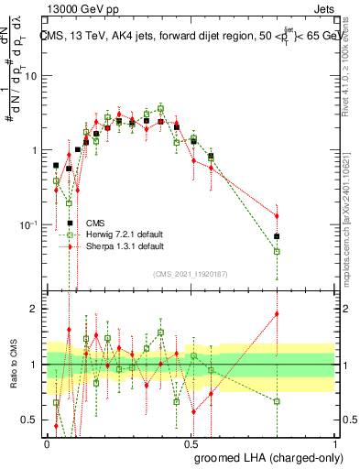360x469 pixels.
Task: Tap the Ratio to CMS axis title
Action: [x=16, y=365]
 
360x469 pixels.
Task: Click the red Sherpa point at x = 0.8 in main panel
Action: [x=277, y=216]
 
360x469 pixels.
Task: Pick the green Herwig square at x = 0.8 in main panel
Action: [x=277, y=251]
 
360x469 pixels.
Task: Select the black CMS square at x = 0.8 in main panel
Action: [x=277, y=236]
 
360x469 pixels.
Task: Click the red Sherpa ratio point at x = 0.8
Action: [x=277, y=314]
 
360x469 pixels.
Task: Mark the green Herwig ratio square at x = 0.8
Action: [x=277, y=401]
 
